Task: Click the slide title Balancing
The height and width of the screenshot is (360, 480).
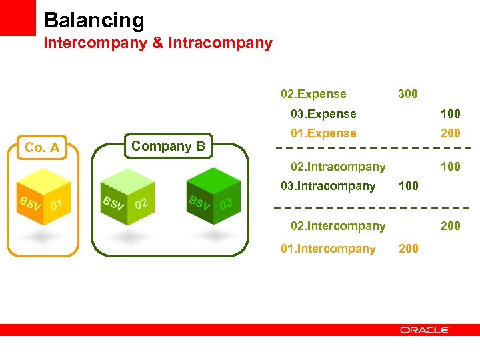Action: click(x=94, y=20)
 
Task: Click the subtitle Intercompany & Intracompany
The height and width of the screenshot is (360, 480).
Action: click(x=158, y=43)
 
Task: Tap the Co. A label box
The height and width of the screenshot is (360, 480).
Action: click(x=42, y=147)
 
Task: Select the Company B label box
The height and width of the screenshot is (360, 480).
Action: click(x=168, y=145)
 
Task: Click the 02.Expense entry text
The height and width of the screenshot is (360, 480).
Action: click(x=313, y=94)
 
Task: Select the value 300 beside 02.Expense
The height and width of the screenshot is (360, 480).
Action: click(x=407, y=94)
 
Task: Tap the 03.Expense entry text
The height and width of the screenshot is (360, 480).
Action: click(x=323, y=114)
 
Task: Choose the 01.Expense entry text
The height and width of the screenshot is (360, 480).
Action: click(x=323, y=133)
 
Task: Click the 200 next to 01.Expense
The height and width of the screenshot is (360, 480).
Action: click(x=451, y=133)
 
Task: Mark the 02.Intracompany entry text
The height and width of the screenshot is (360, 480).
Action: click(x=338, y=167)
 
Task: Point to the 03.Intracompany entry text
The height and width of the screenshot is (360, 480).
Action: click(x=328, y=186)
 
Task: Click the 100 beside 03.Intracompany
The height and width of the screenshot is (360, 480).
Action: click(x=408, y=186)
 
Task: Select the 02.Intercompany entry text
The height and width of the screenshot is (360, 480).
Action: click(x=338, y=226)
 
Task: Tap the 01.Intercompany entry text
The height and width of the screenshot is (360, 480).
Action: click(x=328, y=249)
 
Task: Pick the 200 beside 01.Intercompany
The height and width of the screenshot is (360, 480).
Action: click(x=408, y=249)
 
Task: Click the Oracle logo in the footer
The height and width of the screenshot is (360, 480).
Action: click(x=425, y=330)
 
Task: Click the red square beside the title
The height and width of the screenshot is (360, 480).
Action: click(x=17, y=17)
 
